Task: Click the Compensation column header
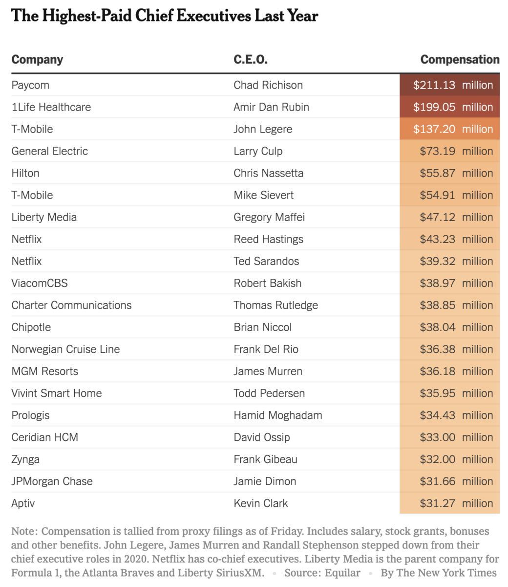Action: [460, 60]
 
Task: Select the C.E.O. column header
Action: [250, 60]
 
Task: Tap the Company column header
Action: [37, 60]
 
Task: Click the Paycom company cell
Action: [30, 85]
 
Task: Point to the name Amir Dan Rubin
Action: [271, 107]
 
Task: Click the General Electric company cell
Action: [50, 151]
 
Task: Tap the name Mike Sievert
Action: [263, 195]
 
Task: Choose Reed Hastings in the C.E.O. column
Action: [268, 239]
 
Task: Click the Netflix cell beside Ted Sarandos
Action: [27, 261]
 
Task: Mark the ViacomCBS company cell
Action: [40, 283]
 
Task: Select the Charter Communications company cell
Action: [71, 305]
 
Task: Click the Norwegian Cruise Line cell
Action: [65, 349]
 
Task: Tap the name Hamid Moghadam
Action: [277, 415]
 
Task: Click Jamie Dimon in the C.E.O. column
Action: [265, 481]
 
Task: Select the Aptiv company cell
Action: [23, 503]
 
